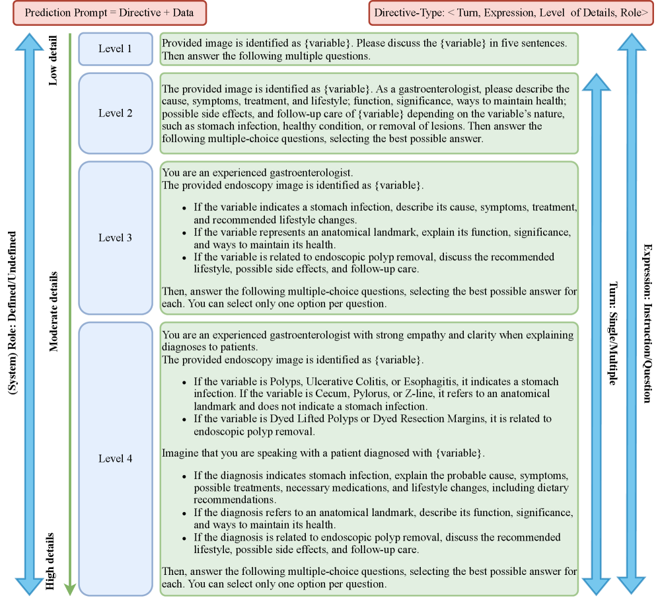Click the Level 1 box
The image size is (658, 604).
(115, 49)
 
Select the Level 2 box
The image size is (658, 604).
(115, 113)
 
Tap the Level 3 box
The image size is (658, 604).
(115, 238)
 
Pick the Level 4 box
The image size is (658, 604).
(115, 458)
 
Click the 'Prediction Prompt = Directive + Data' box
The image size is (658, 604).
(109, 13)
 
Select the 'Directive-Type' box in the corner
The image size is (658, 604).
(511, 13)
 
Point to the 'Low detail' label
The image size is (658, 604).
(54, 61)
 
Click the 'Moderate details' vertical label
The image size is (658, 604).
(54, 311)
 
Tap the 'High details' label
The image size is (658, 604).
(54, 560)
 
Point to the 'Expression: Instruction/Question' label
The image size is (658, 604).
(647, 322)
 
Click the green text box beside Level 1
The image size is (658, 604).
(369, 49)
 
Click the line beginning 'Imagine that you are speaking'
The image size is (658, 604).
(323, 453)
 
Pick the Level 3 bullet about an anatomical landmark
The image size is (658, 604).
(382, 239)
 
